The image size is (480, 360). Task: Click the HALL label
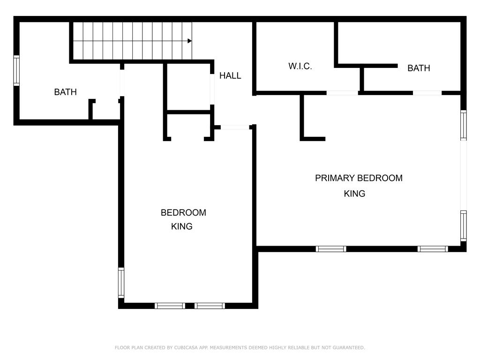(x=230, y=75)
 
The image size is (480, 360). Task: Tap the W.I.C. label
(x=300, y=66)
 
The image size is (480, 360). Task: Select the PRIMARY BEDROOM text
(x=359, y=178)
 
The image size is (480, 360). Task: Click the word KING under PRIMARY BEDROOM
(x=354, y=194)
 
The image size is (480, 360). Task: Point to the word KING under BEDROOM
(x=181, y=226)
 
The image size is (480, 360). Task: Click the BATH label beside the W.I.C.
(x=419, y=68)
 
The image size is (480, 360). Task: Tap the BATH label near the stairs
(x=65, y=92)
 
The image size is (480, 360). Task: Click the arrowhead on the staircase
(x=189, y=41)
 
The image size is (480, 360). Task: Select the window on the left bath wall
(x=16, y=70)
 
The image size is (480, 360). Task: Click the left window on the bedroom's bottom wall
(x=170, y=306)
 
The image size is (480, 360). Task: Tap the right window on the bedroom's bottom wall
(x=210, y=306)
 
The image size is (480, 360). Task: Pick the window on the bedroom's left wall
(x=121, y=283)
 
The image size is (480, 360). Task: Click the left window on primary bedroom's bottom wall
(x=331, y=249)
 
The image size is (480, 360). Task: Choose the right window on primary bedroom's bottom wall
(x=433, y=249)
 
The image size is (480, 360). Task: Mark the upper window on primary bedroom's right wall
(x=464, y=125)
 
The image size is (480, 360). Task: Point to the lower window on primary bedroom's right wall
(x=464, y=226)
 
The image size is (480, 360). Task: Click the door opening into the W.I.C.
(x=342, y=93)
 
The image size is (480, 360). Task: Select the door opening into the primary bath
(x=427, y=93)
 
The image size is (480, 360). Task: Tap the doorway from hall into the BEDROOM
(x=235, y=127)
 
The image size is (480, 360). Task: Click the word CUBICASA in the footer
(x=186, y=347)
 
